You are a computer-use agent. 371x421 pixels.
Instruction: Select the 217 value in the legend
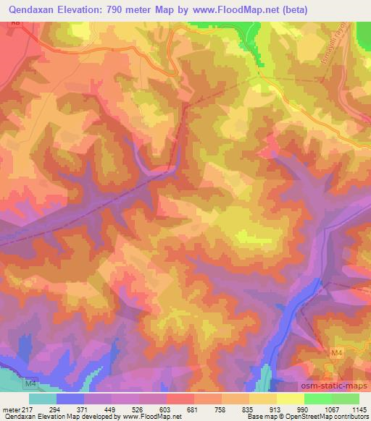click(x=27, y=409)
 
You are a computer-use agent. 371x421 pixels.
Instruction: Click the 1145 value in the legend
click(x=358, y=409)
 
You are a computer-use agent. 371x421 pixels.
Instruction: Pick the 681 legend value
click(x=192, y=409)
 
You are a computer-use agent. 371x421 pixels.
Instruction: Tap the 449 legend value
click(x=109, y=409)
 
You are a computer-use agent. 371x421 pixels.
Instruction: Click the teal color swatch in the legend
click(x=43, y=398)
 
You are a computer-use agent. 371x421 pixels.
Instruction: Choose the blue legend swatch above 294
click(x=70, y=398)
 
